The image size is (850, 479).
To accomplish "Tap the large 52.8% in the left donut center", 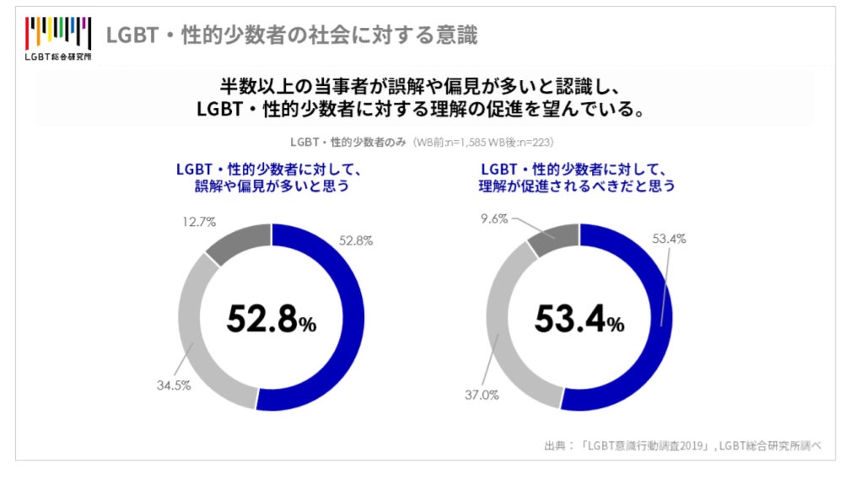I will tap(271, 318).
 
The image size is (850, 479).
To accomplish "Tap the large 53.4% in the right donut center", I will tap(579, 318).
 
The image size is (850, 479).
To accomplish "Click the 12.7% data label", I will tap(199, 223).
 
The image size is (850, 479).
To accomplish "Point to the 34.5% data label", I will tap(172, 385).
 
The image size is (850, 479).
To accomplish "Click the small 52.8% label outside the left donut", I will tap(355, 240).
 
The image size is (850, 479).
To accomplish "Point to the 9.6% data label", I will tap(494, 219).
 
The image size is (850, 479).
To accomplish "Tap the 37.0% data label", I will tap(482, 395).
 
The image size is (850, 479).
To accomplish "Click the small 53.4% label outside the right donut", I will tap(669, 239).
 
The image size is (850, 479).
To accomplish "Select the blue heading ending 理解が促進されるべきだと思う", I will tap(578, 176).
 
